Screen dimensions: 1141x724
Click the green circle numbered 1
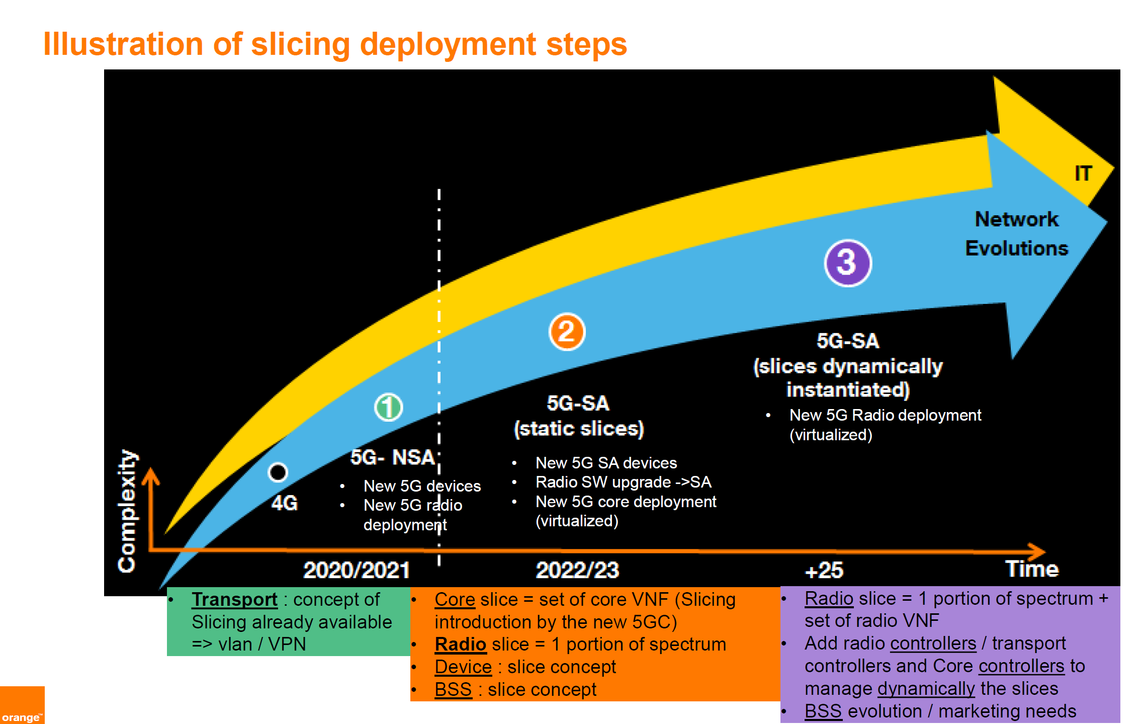(x=388, y=407)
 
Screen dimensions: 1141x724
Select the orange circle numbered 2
(x=567, y=332)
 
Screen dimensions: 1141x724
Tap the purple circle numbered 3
(x=848, y=263)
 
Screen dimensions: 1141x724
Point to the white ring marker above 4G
(x=278, y=472)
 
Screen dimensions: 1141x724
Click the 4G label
(x=285, y=503)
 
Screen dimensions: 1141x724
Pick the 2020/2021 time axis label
(x=357, y=570)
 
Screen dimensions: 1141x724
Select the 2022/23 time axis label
(x=577, y=570)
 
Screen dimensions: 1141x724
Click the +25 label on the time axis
(x=824, y=571)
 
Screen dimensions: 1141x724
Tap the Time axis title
(x=1032, y=569)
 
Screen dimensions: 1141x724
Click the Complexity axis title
(x=127, y=511)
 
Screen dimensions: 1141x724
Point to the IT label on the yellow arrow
(x=1083, y=173)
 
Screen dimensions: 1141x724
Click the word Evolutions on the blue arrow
(x=1016, y=248)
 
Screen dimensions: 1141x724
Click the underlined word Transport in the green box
(x=234, y=599)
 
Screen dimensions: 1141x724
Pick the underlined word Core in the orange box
(x=455, y=599)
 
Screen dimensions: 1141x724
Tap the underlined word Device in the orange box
(x=463, y=667)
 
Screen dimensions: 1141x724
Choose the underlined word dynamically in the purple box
(x=926, y=688)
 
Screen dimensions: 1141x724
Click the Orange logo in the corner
(x=22, y=705)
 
